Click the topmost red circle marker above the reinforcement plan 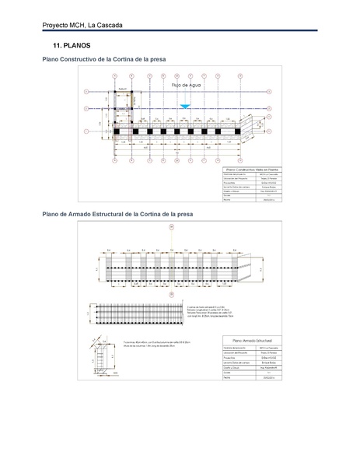[x=170, y=227]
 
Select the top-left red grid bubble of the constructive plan [x=114, y=76]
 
